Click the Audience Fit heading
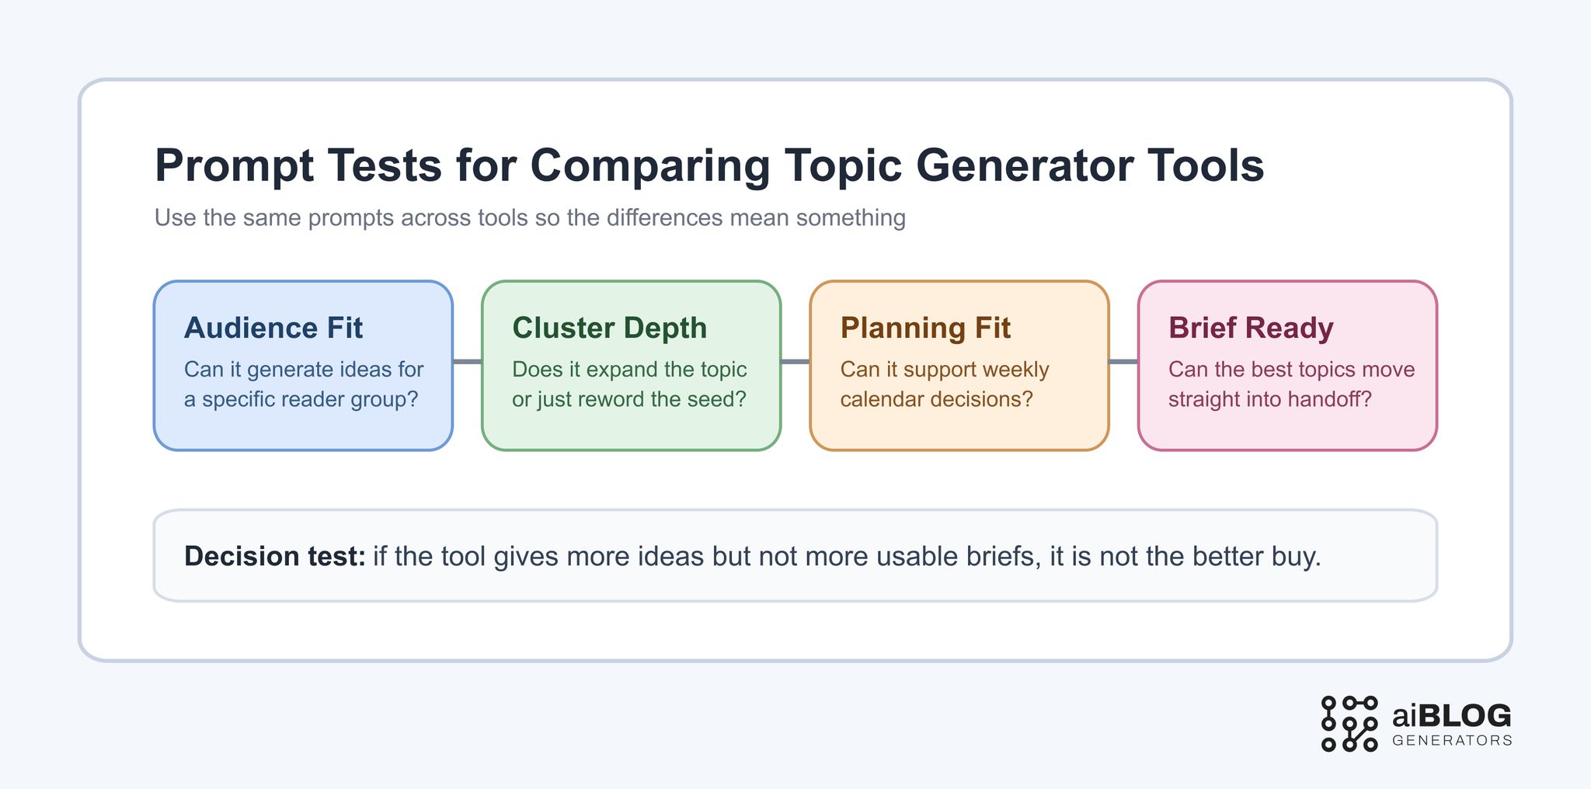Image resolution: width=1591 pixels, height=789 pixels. point(273,328)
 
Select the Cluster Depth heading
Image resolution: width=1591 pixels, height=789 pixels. point(609,328)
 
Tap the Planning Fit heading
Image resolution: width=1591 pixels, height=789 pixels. point(925,328)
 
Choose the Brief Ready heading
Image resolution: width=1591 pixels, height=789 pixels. point(1251,328)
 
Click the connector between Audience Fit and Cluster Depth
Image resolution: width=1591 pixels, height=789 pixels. point(467,361)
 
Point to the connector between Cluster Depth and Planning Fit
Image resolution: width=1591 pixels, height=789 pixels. point(795,361)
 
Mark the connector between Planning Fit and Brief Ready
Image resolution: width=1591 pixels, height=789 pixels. point(1123,361)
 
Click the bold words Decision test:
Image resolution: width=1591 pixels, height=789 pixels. point(274,557)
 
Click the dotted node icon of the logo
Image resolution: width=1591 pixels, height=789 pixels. point(1349,724)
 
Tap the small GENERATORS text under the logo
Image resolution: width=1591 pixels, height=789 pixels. point(1452,741)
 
